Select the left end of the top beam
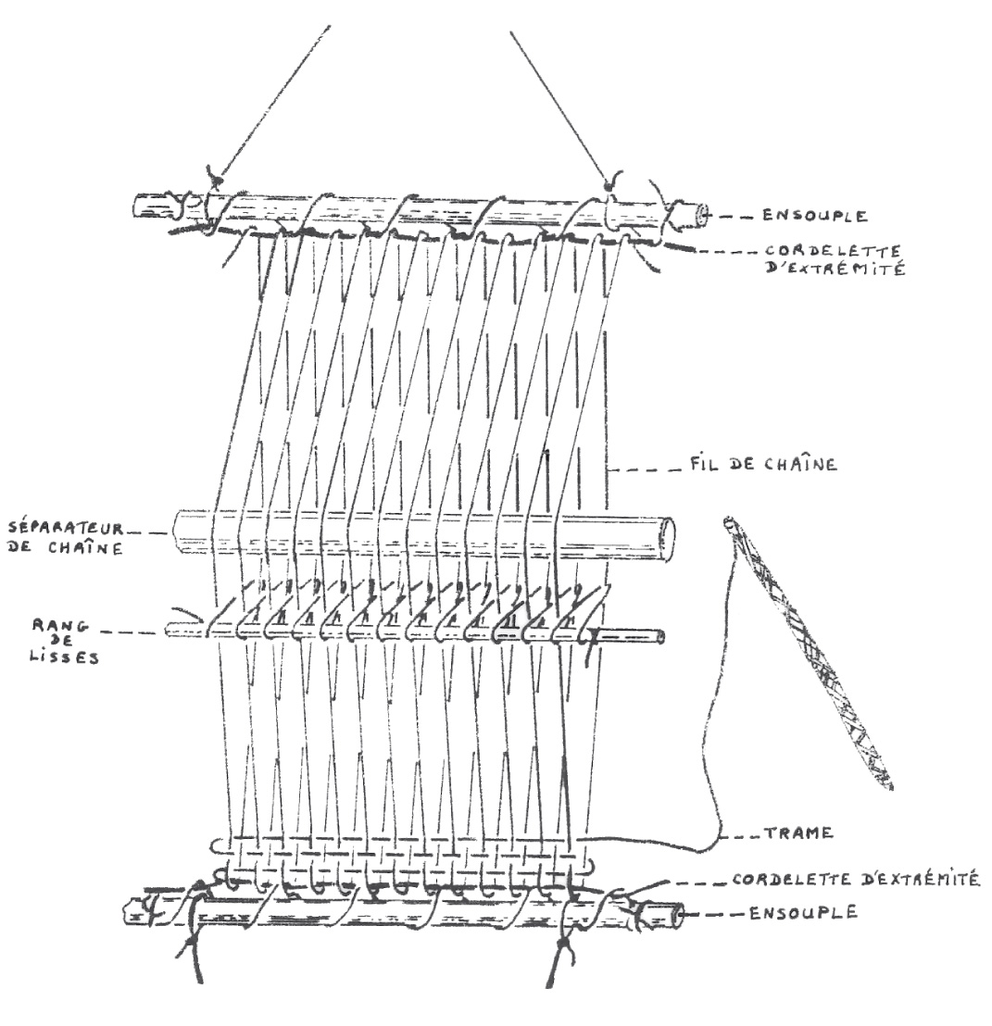[x=142, y=206]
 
